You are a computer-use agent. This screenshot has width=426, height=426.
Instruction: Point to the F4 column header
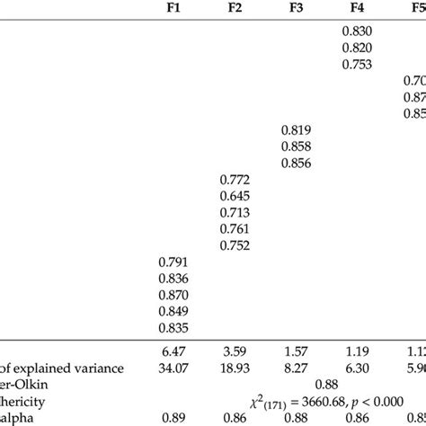pos(358,14)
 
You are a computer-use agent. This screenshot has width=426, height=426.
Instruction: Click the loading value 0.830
pos(358,32)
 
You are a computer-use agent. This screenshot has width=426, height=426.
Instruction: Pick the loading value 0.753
pos(358,65)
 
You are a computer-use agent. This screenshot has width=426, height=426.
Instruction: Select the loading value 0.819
pos(297,130)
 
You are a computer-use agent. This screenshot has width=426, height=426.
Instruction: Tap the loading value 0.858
pos(297,146)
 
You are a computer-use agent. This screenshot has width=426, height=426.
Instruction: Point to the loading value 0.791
pos(173,262)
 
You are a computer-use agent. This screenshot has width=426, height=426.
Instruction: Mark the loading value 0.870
pos(173,294)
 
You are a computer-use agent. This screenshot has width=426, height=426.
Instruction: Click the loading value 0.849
pos(173,310)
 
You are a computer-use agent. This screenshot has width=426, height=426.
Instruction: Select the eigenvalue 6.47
pos(173,351)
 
